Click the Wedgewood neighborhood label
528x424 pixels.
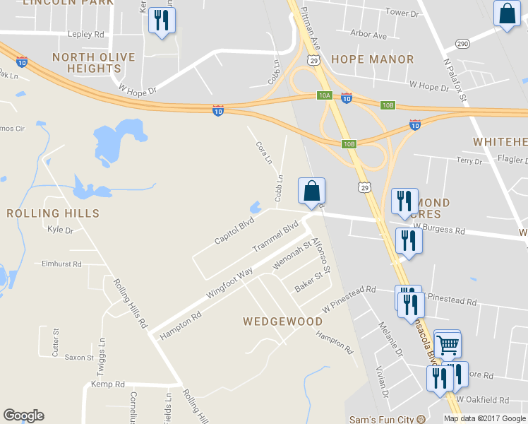(282, 322)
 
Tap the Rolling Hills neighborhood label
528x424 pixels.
(52, 213)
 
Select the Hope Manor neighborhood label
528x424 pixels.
(372, 59)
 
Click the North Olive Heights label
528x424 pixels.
(86, 63)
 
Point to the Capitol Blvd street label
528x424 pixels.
(234, 232)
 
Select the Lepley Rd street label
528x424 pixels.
(85, 34)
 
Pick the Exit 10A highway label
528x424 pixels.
(324, 95)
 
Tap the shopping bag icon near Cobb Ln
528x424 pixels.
(311, 191)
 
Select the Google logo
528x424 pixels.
(23, 416)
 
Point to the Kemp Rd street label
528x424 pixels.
(107, 384)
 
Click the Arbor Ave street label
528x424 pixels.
(369, 35)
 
